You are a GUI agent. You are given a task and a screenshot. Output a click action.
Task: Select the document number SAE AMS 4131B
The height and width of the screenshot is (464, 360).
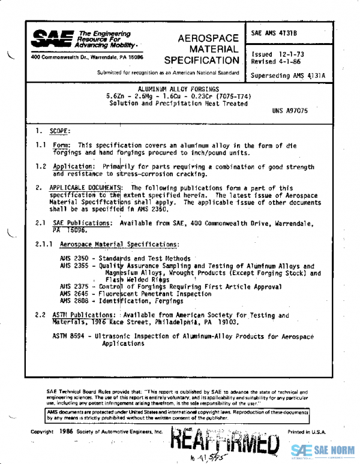274,33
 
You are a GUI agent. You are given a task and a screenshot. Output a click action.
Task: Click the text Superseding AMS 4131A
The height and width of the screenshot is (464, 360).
289,76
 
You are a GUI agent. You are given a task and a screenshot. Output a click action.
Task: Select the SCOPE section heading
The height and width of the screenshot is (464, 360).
60,131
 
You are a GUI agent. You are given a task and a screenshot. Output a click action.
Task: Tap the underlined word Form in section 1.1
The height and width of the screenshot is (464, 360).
61,146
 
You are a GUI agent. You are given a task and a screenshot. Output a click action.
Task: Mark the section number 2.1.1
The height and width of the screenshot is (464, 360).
44,245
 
